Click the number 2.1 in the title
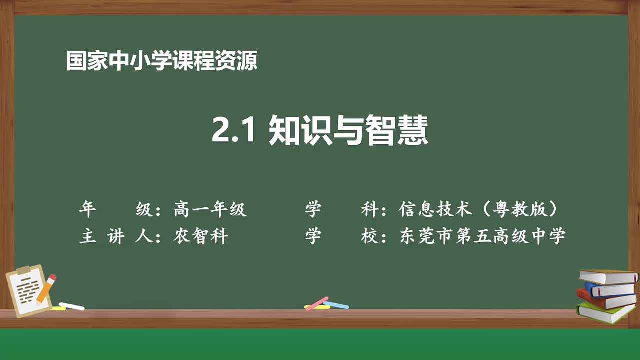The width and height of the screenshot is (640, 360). click(234, 130)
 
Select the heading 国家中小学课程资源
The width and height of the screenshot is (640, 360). click(162, 61)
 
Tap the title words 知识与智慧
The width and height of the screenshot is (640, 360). click(348, 130)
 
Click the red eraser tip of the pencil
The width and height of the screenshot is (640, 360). click(52, 277)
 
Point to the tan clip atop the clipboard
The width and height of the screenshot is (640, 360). click(23, 270)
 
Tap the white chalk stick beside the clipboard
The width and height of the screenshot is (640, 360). click(71, 306)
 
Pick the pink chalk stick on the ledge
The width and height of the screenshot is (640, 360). click(316, 303)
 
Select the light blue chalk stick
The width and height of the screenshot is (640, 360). click(336, 304)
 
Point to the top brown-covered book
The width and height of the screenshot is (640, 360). click(607, 276)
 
